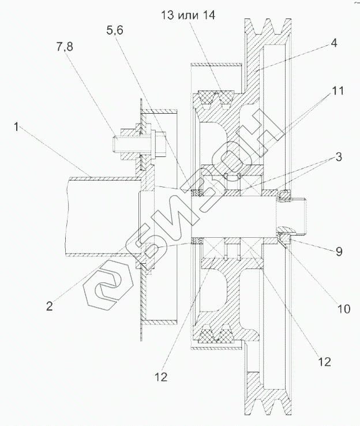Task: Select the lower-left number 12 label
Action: click(x=162, y=378)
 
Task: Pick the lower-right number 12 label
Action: click(x=323, y=362)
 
